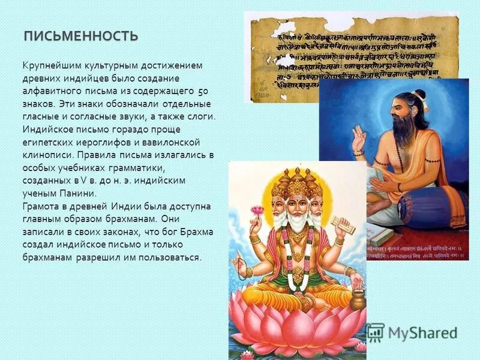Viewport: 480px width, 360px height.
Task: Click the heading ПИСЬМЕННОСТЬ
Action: click(81, 36)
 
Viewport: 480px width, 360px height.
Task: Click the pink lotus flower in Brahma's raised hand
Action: click(257, 211)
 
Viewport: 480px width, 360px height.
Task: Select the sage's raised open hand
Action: click(359, 140)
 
